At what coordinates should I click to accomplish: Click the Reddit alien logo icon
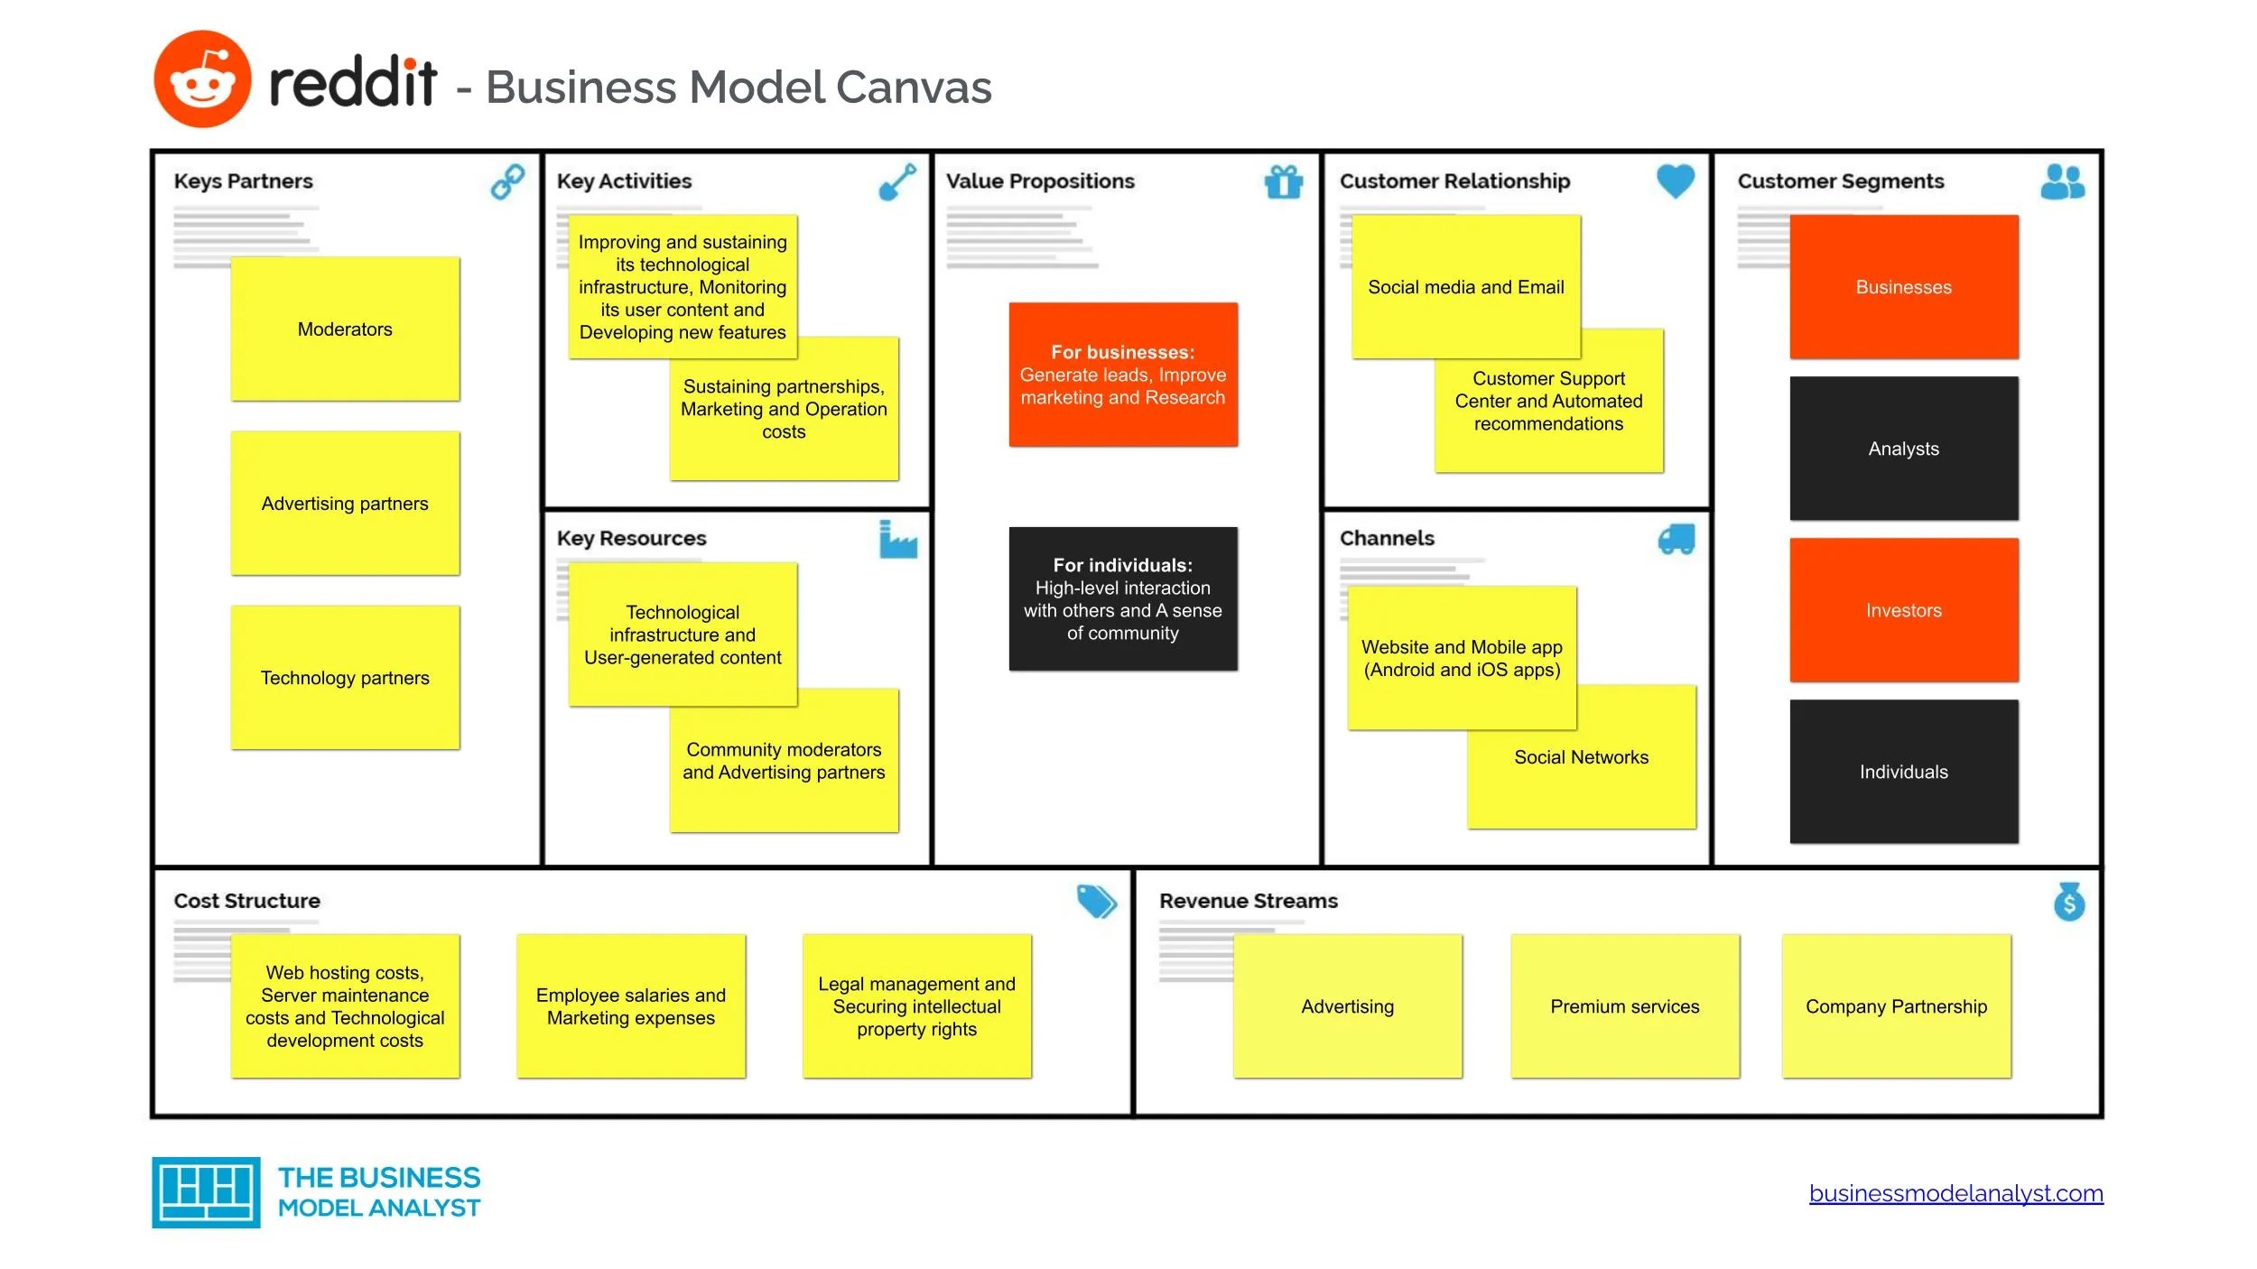202,79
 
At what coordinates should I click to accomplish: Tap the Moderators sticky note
345,329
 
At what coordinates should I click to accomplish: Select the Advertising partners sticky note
345,503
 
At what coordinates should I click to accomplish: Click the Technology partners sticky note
345,677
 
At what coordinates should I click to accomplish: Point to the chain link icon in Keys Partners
507,181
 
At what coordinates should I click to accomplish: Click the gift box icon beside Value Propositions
1284,181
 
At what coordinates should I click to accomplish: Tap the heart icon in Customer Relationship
1676,181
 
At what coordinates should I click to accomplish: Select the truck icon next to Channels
1676,539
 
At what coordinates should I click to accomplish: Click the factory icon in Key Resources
898,539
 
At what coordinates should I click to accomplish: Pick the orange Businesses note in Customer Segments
1904,287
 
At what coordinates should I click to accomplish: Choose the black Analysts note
1904,449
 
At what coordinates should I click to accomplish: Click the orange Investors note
1904,610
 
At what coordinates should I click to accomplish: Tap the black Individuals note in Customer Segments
1904,772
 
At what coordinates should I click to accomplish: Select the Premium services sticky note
1625,1006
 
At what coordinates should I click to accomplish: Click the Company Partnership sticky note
1897,1006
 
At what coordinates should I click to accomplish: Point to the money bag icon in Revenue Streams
2069,902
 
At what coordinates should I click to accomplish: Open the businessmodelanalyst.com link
1956,1193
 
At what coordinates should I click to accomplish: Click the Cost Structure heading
246,901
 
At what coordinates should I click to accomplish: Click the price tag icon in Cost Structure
1097,901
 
